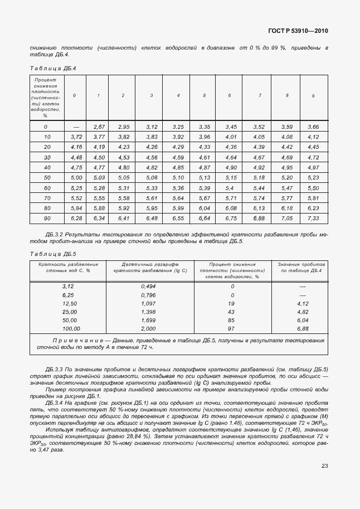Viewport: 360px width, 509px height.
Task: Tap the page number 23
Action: (x=324, y=466)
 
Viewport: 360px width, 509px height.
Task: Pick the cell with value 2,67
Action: (x=99, y=127)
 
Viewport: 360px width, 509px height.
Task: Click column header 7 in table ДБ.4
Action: (x=260, y=96)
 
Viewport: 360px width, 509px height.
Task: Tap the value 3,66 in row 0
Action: (x=313, y=127)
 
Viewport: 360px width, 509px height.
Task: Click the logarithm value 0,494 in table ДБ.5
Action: (x=149, y=286)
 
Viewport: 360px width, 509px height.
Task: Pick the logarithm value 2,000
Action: (x=149, y=328)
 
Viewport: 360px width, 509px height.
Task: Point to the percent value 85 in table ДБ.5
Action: (x=232, y=320)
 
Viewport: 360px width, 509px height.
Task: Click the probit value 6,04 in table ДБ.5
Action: (x=303, y=320)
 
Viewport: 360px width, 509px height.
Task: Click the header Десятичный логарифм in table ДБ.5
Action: (x=149, y=264)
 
